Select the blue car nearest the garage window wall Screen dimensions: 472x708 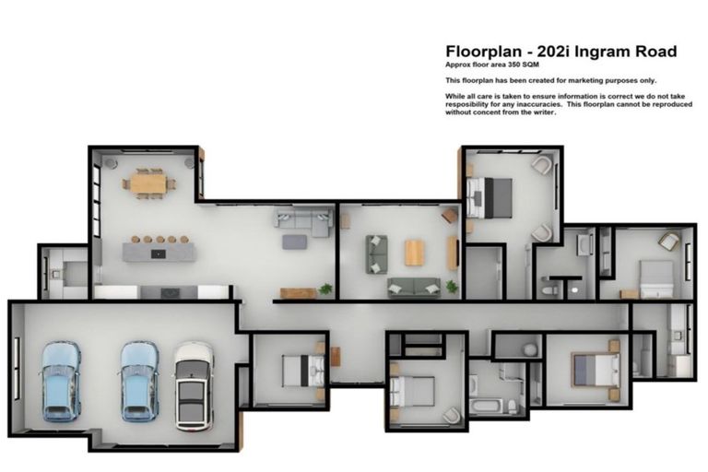(61, 380)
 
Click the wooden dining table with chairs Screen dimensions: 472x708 (147, 183)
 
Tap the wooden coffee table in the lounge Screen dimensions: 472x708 (415, 252)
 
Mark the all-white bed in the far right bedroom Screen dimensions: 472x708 (656, 274)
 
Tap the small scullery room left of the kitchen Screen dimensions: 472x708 (63, 271)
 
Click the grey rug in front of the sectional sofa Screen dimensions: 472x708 (294, 242)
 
